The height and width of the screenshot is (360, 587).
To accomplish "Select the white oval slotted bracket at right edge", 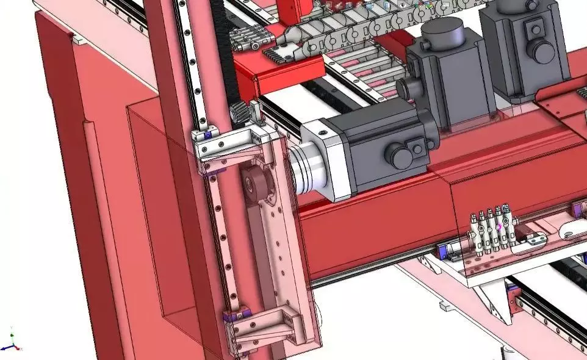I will (574, 231).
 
